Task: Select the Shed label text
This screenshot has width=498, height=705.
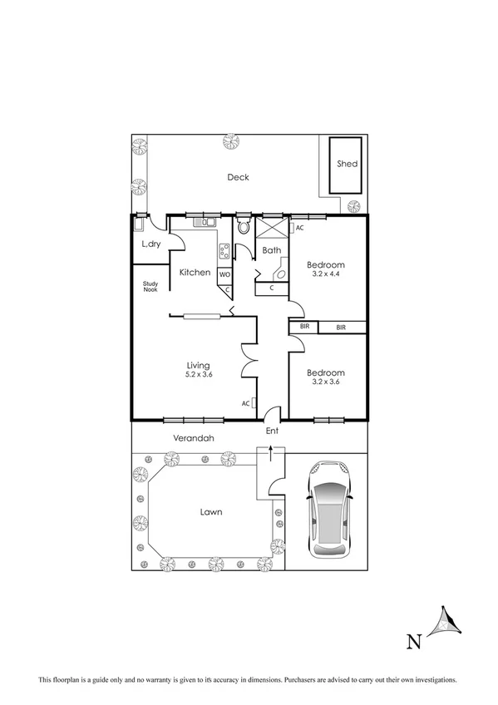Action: pyautogui.click(x=347, y=164)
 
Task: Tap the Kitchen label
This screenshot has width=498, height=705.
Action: pyautogui.click(x=193, y=273)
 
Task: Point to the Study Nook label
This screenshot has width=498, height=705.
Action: pyautogui.click(x=150, y=286)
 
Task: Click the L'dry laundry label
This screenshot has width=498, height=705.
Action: pyautogui.click(x=150, y=244)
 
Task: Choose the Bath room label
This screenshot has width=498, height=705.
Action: pyautogui.click(x=271, y=249)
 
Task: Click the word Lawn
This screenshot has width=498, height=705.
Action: pyautogui.click(x=210, y=512)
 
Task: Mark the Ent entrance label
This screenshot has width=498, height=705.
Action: pyautogui.click(x=272, y=431)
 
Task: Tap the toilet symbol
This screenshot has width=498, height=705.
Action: pyautogui.click(x=244, y=226)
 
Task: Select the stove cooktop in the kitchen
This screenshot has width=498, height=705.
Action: pyautogui.click(x=224, y=250)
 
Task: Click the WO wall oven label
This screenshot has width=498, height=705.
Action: pyautogui.click(x=224, y=274)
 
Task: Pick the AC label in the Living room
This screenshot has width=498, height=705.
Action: pyautogui.click(x=245, y=403)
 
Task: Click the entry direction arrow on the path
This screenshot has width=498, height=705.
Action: pyautogui.click(x=269, y=452)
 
